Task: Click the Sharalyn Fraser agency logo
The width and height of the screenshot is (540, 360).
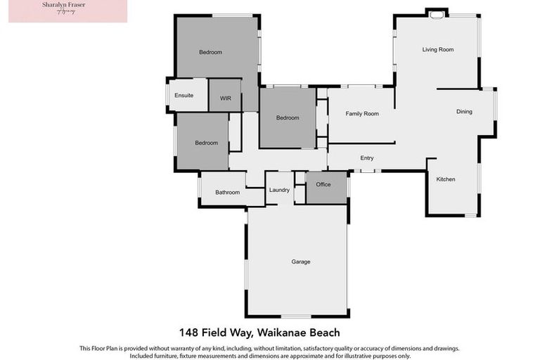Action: coord(67,11)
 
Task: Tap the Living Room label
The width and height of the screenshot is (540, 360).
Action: coord(437,50)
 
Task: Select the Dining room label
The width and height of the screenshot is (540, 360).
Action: coord(464,112)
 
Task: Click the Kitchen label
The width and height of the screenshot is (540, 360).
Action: coord(446,179)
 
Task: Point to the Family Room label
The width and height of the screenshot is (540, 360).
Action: coord(362,114)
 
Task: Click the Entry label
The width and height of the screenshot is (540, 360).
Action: coord(366,158)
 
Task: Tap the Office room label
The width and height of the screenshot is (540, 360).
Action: coord(323,185)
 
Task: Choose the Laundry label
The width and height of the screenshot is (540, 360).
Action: coord(279,190)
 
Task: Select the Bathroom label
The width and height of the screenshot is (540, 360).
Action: coord(227,193)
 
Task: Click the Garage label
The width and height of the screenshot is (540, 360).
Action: coord(301,262)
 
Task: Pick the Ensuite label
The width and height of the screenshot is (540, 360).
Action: coord(184,96)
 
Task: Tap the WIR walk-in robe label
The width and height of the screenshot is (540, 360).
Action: coord(225,98)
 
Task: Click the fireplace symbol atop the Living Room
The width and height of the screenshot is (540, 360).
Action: coord(436,13)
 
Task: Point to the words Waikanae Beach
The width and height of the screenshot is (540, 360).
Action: coord(309,332)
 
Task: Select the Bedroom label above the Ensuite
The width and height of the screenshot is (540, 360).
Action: coord(210,52)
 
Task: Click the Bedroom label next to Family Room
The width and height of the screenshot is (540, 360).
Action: coord(287,118)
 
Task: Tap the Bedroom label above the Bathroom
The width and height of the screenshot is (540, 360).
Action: coord(206,143)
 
